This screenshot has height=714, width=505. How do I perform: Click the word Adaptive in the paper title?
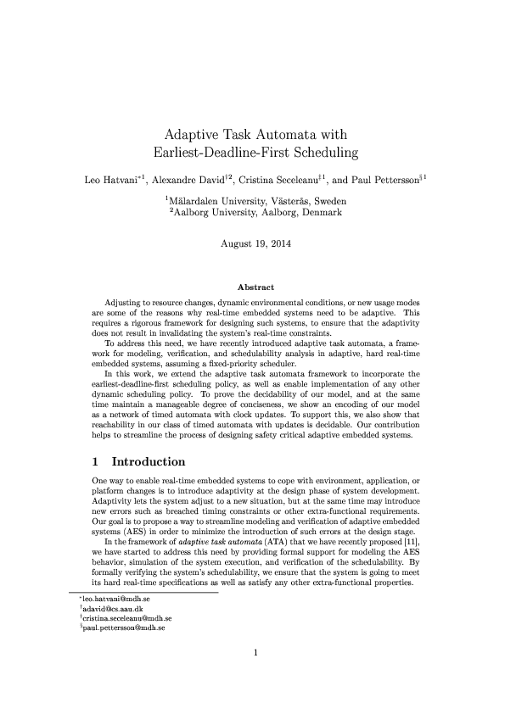190,135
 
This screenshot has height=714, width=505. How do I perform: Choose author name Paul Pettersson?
387,180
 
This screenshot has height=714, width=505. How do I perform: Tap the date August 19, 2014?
252,244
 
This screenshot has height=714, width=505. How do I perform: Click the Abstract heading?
252,287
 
